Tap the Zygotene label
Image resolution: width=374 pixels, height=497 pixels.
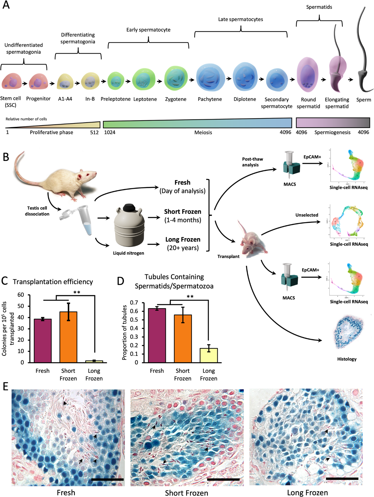[x=176, y=99]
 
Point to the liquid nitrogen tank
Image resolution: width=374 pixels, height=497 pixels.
[x=129, y=227]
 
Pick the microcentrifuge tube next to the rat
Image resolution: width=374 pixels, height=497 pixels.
[x=85, y=219]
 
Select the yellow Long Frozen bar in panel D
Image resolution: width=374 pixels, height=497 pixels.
[x=209, y=355]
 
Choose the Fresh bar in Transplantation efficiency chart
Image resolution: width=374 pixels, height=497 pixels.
[x=43, y=341]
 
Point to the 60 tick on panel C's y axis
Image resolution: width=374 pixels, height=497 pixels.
[x=20, y=295]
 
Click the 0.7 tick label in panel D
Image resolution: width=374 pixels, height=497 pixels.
[x=134, y=303]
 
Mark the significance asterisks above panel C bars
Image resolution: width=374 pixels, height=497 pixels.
[x=77, y=292]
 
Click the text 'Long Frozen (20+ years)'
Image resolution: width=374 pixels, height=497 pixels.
[x=183, y=244]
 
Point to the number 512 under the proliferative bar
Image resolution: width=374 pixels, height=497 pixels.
[x=94, y=132]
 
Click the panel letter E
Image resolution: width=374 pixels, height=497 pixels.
[x=5, y=386]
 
